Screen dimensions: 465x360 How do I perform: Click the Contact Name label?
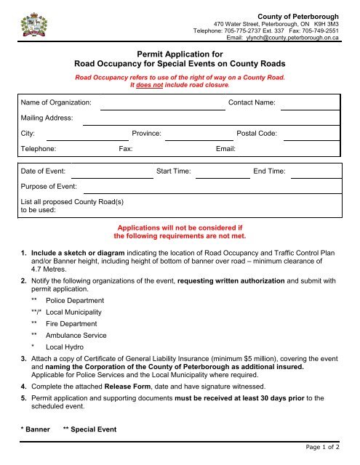pyautogui.click(x=252, y=103)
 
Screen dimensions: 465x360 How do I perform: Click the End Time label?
pyautogui.click(x=269, y=171)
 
